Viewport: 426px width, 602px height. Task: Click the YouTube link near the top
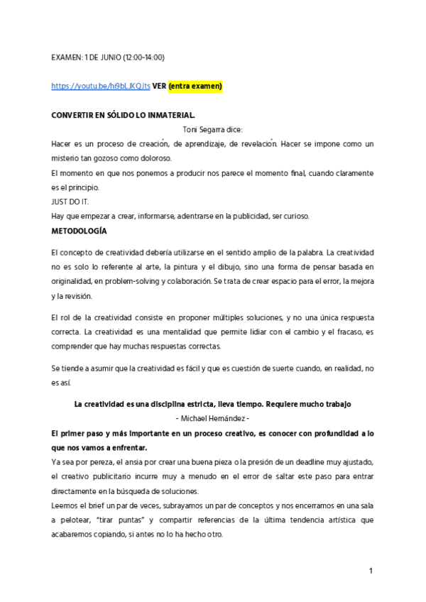101,86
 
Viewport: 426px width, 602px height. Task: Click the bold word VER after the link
160,86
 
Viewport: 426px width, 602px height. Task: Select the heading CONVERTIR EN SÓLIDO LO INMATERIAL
123,115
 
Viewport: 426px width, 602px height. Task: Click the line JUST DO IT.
70,202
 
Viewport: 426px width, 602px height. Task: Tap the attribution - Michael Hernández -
212,418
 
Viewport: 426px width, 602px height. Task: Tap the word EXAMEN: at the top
66,57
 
